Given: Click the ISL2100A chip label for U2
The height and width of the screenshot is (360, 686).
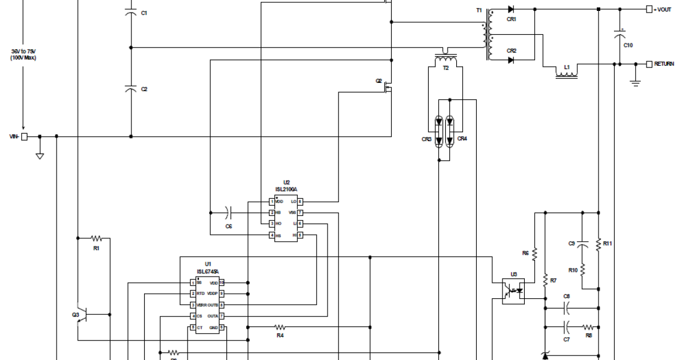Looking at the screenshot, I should coord(286,189).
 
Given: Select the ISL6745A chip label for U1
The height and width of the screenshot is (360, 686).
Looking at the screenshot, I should coord(208,271).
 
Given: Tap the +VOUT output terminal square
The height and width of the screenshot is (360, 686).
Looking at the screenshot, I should coord(649,9).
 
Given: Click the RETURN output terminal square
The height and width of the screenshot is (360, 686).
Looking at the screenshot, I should coord(649,64).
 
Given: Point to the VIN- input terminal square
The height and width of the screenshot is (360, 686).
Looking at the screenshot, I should coord(25,137).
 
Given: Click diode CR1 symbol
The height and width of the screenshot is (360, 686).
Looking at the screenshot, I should coord(510,9).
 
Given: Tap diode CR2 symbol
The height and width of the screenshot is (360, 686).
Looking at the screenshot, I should coord(510,60).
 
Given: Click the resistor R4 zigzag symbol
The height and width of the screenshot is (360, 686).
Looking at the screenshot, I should coord(280,327).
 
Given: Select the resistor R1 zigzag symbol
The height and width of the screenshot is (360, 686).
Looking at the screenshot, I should coord(96,238).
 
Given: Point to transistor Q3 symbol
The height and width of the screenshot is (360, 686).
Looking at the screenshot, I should coord(82,314).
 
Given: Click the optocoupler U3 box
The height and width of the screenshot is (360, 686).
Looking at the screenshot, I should coord(513,291).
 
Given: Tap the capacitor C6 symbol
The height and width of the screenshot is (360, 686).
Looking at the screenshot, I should coord(228,213).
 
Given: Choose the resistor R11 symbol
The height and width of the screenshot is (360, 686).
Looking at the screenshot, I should coord(598,244).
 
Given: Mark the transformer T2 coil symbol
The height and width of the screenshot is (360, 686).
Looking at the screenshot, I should coord(446,58).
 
